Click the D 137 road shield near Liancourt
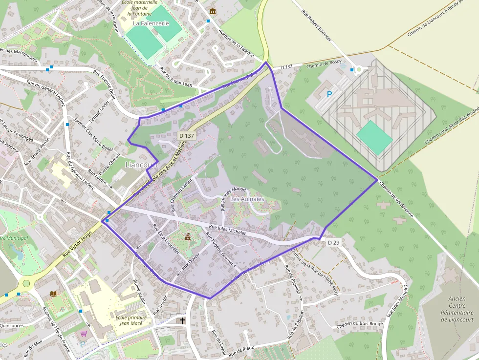point(187,135)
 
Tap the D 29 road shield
point(334,242)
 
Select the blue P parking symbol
point(329,94)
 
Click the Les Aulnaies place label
point(247,199)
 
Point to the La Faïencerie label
point(151,23)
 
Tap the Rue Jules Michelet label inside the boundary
point(227,230)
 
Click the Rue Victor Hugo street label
point(77,244)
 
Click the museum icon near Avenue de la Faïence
point(212,11)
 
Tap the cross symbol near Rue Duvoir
point(183,321)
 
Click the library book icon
point(54,294)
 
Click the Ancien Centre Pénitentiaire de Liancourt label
point(457,309)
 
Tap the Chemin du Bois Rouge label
point(359,325)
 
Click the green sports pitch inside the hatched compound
point(374,137)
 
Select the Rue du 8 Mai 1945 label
point(176,77)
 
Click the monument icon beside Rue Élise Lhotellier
point(188,237)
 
